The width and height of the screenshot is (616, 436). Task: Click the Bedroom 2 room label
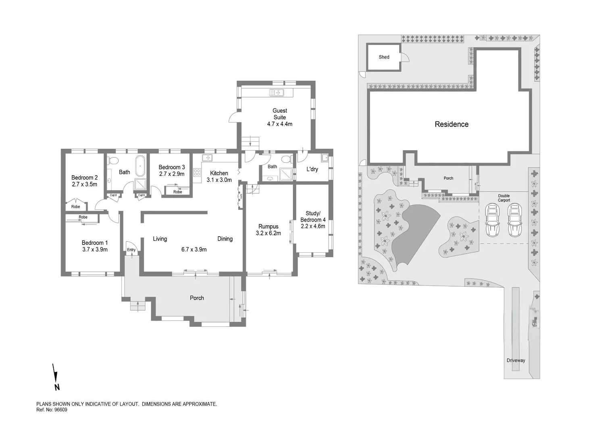coord(84,178)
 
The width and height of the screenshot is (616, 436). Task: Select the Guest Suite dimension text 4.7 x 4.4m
coord(279,124)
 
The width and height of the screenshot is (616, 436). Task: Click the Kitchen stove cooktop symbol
coord(197,173)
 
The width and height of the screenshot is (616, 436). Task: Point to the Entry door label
coord(131,250)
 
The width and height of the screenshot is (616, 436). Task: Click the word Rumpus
coord(268,226)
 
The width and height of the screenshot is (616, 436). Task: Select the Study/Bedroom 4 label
coord(313,216)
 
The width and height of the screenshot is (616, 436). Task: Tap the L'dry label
coord(312,169)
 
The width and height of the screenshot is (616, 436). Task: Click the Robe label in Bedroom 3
coord(177,192)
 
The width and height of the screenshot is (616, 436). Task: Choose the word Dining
coord(225,239)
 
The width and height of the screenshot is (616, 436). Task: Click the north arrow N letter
coord(57,387)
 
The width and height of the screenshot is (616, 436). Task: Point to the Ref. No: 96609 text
coord(52,410)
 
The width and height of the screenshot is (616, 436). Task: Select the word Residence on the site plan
coord(452,124)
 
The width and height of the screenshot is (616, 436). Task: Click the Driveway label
coord(516,360)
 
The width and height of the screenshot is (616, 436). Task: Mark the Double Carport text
coord(504,198)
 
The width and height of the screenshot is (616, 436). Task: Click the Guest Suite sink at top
coord(277,93)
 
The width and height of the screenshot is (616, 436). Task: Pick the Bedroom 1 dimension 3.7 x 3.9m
coord(94,249)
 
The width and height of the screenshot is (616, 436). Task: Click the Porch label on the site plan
coord(448,178)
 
